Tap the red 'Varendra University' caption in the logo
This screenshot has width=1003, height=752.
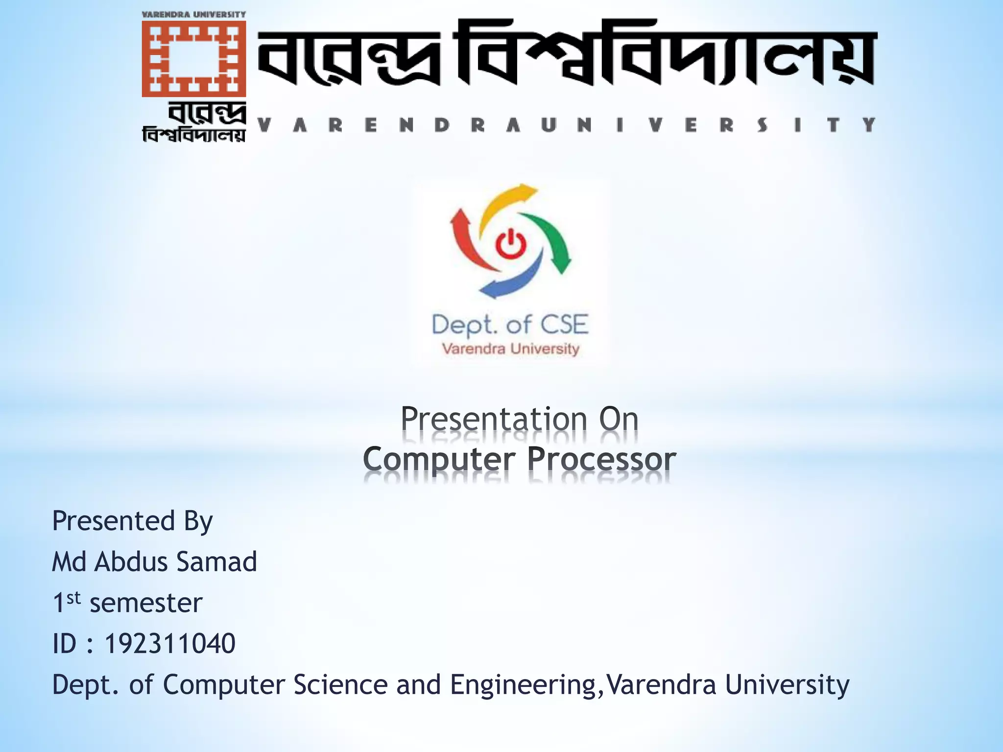coord(510,349)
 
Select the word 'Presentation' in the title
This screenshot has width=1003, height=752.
coord(494,420)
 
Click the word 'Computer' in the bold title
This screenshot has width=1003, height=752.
coord(439,460)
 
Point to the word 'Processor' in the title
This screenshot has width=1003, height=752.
coord(601,460)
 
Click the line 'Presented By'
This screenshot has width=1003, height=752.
coord(132,521)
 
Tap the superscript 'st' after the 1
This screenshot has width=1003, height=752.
coord(73,597)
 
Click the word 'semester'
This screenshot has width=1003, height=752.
coord(146,603)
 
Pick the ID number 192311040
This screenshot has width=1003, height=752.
coord(169,643)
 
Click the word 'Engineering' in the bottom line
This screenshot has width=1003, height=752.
coord(522,685)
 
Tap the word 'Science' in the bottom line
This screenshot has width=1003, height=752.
coord(340,684)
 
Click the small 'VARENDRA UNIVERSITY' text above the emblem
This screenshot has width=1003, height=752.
coord(193,15)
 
